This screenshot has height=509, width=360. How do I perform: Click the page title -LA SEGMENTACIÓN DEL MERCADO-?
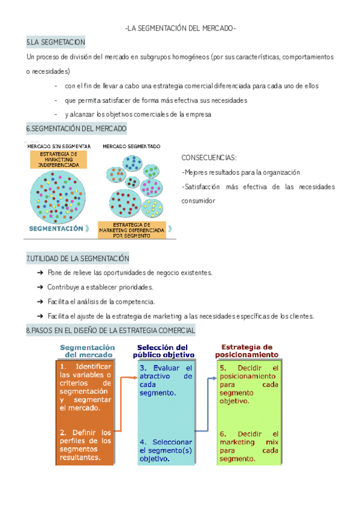tap(180, 29)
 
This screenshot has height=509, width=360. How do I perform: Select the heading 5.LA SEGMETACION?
tap(56, 42)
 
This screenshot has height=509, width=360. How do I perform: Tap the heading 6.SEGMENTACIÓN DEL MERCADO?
tap(76, 129)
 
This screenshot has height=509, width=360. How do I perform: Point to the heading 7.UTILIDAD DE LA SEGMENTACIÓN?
tap(77, 259)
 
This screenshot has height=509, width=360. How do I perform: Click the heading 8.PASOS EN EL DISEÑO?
tap(110, 331)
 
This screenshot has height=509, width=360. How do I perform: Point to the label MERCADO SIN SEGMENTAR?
tap(59, 146)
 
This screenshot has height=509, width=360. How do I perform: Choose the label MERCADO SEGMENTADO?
tap(131, 146)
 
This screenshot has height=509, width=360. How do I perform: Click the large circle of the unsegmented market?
tap(58, 196)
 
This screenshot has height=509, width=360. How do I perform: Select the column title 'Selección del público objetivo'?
tap(162, 351)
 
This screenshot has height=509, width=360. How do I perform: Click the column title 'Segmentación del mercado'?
tap(88, 351)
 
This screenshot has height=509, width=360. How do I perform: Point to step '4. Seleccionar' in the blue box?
tap(166, 442)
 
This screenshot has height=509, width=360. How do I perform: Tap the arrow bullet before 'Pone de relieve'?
tap(40, 273)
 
